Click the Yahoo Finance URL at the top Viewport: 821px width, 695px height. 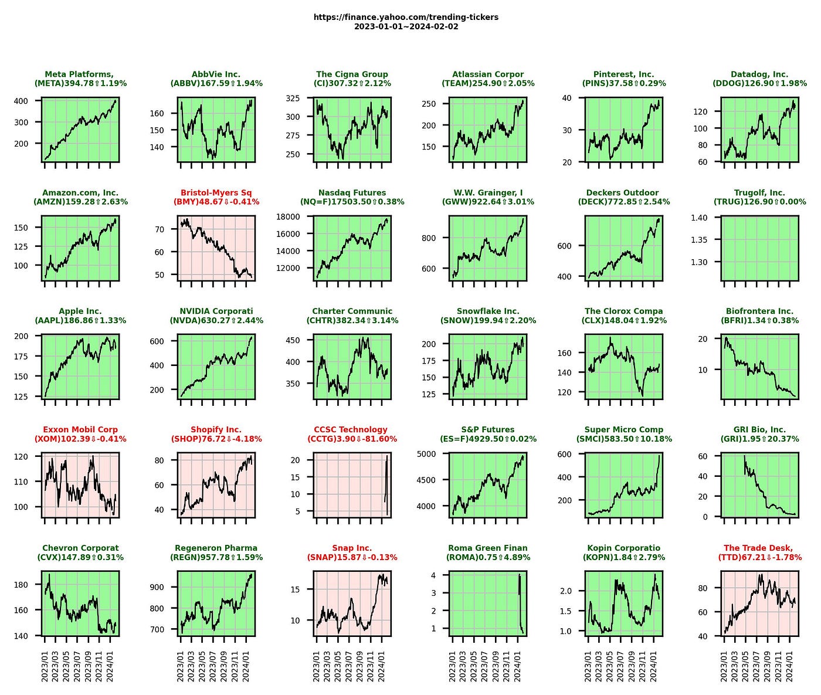406,17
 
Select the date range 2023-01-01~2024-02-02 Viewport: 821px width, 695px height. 406,26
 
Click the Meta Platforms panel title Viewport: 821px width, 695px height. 80,79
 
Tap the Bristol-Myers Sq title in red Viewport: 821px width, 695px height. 216,192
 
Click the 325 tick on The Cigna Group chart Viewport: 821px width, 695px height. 293,98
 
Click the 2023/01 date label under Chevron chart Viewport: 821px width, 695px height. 45,666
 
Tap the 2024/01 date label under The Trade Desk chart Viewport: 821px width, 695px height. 789,666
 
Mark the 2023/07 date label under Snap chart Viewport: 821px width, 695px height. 349,666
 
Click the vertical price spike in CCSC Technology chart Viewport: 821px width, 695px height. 386,485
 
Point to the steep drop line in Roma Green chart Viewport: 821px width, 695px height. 520,604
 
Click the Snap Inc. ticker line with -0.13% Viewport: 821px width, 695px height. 352,557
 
